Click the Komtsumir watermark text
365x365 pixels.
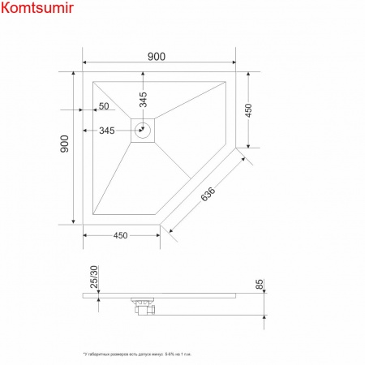[x=37, y=11]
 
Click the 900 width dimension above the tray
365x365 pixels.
[x=157, y=56]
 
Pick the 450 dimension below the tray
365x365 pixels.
[x=120, y=236]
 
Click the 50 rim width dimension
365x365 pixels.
[x=104, y=106]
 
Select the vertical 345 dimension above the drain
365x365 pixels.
[x=143, y=100]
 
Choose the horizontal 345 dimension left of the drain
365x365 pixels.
[x=106, y=131]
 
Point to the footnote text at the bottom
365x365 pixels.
[x=139, y=355]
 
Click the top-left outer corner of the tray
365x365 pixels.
[x=84, y=71]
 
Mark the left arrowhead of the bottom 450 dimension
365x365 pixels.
[x=87, y=236]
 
